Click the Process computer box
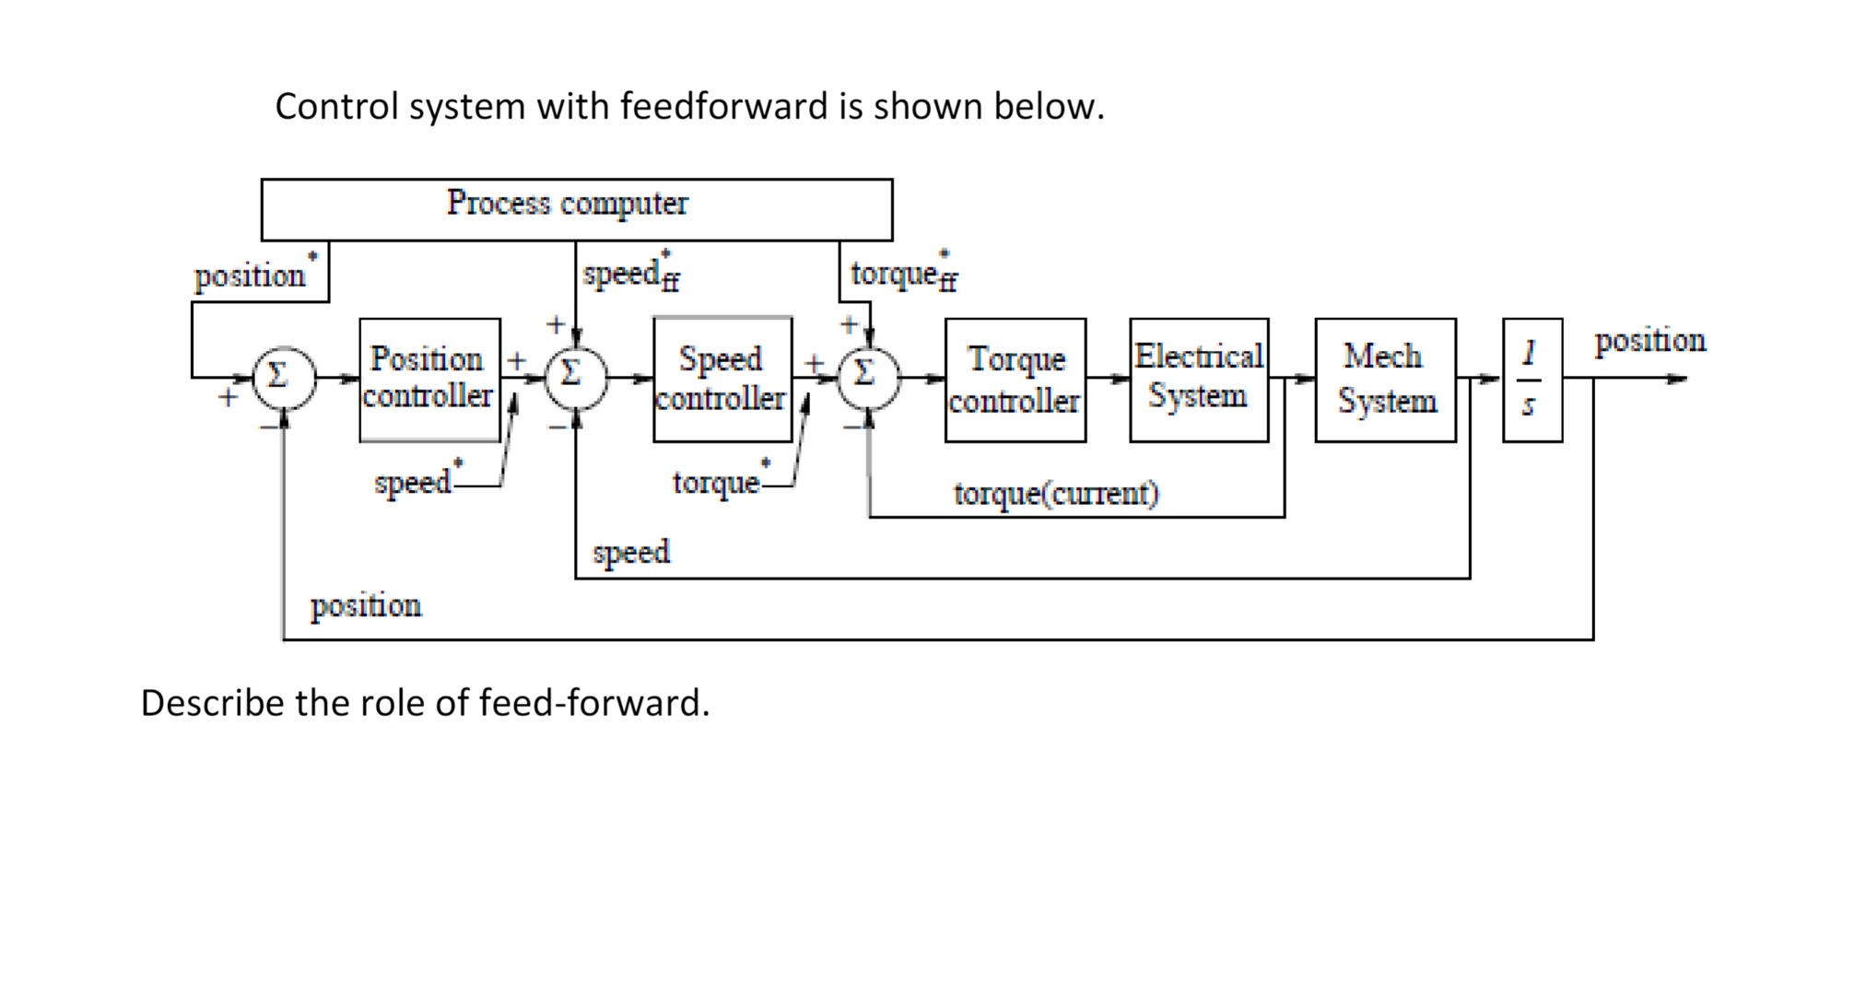pyautogui.click(x=577, y=209)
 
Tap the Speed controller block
pyautogui.click(x=722, y=380)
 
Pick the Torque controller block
pyautogui.click(x=1015, y=380)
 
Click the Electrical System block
pyautogui.click(x=1199, y=380)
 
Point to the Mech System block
pyautogui.click(x=1385, y=380)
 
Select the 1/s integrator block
pyautogui.click(x=1532, y=380)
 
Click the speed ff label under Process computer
pyautogui.click(x=631, y=274)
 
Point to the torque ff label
pyautogui.click(x=904, y=274)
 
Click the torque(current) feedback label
pyautogui.click(x=1056, y=494)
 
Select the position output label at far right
pyautogui.click(x=1649, y=340)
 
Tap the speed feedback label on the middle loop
pyautogui.click(x=631, y=552)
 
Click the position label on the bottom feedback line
pyautogui.click(x=366, y=605)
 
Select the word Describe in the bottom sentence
pyautogui.click(x=212, y=703)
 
